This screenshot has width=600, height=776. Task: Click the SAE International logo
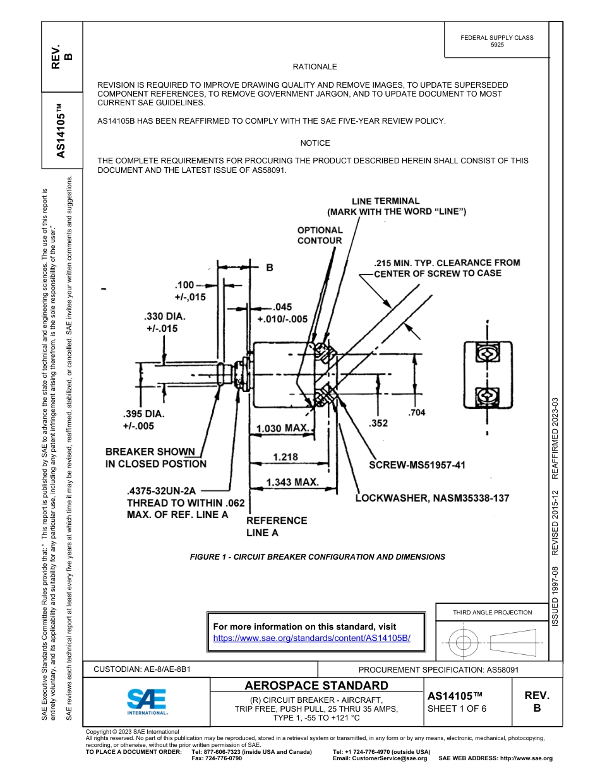point(147,701)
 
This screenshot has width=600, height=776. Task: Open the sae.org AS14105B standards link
point(312,638)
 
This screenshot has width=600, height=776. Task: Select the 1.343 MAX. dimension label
point(292,483)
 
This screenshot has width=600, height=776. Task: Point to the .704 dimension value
point(417,413)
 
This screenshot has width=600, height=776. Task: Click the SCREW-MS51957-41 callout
point(417,465)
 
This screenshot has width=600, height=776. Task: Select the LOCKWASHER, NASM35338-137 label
point(432,498)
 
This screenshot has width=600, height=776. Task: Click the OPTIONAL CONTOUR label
point(320,235)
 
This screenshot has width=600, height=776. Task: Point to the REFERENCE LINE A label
point(277,527)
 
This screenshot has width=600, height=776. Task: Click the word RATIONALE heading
point(315,67)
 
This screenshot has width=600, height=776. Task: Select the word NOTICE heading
point(315,143)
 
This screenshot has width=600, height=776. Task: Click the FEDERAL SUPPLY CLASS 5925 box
point(496,41)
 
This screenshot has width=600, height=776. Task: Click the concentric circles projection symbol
point(464,644)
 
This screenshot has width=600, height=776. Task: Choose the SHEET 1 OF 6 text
point(457,708)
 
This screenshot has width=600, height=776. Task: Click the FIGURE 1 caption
point(318,557)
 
